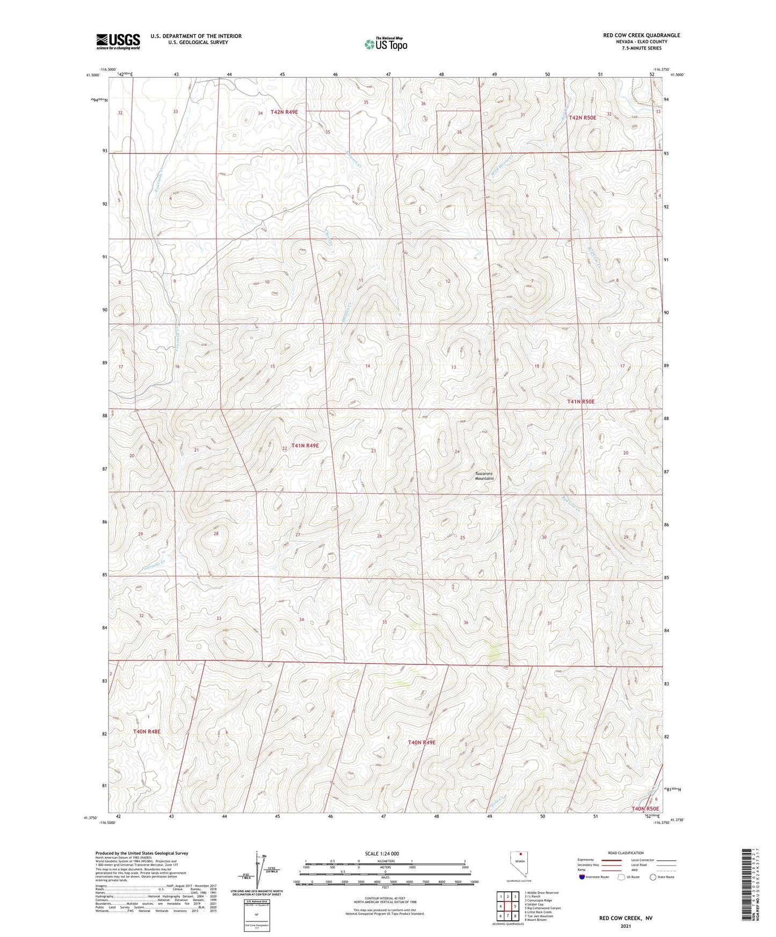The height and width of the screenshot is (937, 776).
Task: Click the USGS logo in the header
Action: tap(118, 41)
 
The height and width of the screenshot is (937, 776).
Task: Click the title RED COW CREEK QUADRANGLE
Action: tap(641, 35)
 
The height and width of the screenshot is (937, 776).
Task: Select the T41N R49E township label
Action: tap(305, 445)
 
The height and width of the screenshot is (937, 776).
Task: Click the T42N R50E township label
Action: tap(582, 118)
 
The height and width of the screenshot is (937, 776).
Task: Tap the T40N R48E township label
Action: tap(147, 731)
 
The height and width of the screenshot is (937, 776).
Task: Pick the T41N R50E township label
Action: tap(581, 401)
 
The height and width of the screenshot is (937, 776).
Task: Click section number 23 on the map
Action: tap(373, 451)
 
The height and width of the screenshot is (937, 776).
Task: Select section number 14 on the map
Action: tap(367, 366)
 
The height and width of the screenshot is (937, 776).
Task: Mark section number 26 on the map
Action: tap(379, 536)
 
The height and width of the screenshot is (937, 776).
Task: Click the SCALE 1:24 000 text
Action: tap(382, 853)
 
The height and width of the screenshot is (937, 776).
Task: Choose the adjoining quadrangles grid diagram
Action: tap(507, 907)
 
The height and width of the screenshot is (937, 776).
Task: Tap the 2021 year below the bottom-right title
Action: tap(626, 926)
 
